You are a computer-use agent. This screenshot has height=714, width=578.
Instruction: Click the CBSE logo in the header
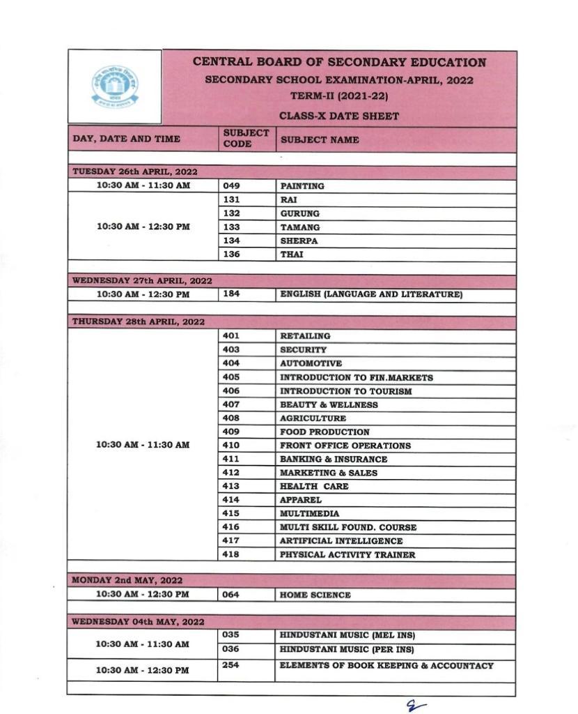point(115,86)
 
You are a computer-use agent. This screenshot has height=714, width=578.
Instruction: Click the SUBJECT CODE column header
point(245,138)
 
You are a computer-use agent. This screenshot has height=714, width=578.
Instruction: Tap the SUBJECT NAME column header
point(320,139)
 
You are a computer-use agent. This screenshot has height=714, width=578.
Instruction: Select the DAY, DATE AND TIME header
point(126,139)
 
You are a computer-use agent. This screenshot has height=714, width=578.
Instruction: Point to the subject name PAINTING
point(302,186)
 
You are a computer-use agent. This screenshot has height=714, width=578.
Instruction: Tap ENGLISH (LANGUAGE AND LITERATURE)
point(371,294)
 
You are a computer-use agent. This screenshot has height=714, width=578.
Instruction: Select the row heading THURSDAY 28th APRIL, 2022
point(139,321)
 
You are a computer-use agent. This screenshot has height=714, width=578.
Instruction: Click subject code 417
point(231,540)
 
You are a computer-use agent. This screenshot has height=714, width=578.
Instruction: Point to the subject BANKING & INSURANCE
point(334,459)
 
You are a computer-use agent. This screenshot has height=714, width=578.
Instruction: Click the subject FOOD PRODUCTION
point(325,432)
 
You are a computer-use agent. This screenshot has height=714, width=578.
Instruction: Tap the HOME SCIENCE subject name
point(315,595)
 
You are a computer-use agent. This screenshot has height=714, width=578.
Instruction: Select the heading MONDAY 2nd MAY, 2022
point(127,580)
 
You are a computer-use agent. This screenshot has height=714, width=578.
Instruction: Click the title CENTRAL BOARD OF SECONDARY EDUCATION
point(339,62)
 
